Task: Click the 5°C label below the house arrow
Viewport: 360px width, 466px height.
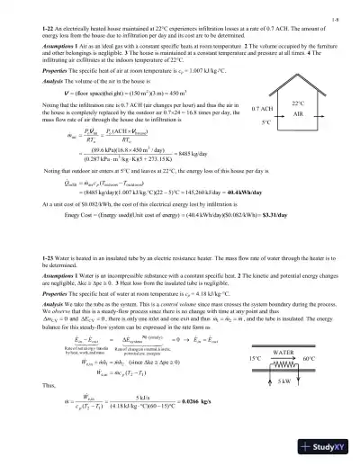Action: pyautogui.click(x=266, y=121)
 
